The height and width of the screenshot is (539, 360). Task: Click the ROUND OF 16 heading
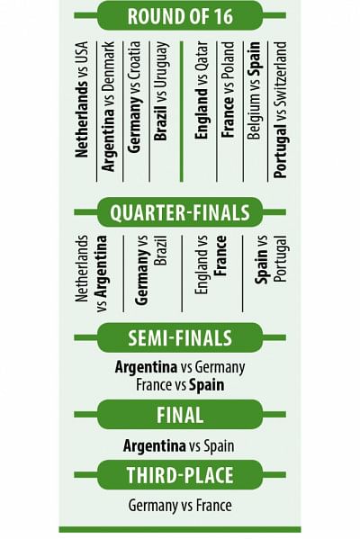(180, 16)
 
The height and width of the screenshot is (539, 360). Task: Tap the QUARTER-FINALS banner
(180, 212)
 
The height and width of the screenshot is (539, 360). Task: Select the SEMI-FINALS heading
(180, 337)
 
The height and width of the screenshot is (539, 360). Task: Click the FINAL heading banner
(180, 415)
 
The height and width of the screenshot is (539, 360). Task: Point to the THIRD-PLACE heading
(180, 475)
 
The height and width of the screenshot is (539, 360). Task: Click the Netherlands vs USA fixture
(82, 100)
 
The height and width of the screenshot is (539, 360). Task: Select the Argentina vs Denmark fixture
(108, 106)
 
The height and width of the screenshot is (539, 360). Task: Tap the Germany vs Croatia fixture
(134, 97)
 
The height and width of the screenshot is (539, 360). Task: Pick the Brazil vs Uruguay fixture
(160, 91)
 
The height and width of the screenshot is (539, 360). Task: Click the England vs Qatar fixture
(202, 90)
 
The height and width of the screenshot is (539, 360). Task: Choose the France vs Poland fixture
(228, 90)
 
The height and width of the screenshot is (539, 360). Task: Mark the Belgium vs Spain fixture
(254, 90)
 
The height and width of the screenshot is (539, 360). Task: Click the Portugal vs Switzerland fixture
(280, 110)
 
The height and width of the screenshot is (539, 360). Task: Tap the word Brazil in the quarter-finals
(160, 250)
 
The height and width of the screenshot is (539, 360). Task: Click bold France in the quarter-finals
(220, 256)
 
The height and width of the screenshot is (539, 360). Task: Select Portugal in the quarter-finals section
(281, 259)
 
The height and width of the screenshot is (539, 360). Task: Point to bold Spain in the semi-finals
(207, 385)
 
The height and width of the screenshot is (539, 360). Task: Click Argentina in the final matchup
(155, 445)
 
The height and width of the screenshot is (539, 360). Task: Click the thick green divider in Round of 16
(182, 112)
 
